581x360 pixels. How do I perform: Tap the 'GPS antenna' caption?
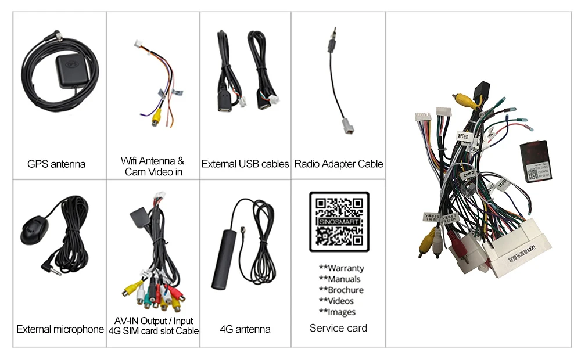pyautogui.click(x=56, y=164)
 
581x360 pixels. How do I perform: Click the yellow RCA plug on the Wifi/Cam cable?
pyautogui.click(x=156, y=118)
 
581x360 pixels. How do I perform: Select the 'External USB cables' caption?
pyautogui.click(x=245, y=164)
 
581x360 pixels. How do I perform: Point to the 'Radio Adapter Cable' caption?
pyautogui.click(x=339, y=164)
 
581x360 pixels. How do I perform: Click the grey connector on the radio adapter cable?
pyautogui.click(x=338, y=133)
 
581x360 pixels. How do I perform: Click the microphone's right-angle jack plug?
pyautogui.click(x=45, y=265)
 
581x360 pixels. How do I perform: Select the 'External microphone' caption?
pyautogui.click(x=60, y=329)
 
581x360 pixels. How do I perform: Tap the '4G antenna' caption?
pyautogui.click(x=245, y=329)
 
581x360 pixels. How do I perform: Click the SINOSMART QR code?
pyautogui.click(x=339, y=222)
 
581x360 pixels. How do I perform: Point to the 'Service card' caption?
pyautogui.click(x=338, y=328)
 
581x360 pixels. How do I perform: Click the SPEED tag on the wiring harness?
pyautogui.click(x=462, y=137)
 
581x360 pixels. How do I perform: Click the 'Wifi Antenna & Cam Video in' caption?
pyautogui.click(x=152, y=166)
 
